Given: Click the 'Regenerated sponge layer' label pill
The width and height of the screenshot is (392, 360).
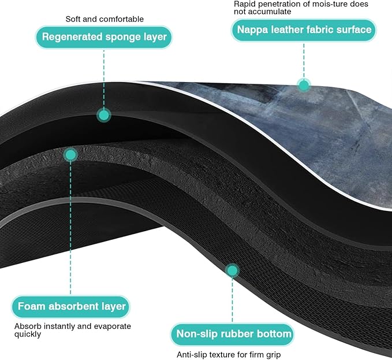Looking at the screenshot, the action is coord(104,37).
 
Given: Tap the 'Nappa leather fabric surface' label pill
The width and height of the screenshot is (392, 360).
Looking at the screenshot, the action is coord(304,30).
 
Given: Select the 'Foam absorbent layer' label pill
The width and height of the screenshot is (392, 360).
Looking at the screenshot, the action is coord(71,307).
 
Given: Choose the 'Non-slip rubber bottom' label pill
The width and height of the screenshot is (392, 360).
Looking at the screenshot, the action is coord(233,334).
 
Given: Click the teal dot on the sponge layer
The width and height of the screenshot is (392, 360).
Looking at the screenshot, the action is coord(104,116).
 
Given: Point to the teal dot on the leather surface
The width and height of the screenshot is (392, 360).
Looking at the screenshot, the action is coord(304,86).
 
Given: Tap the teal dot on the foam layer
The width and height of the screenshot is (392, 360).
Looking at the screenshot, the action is coord(70,155).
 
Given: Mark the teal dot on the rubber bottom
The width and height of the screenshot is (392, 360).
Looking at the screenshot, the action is coord(233,270).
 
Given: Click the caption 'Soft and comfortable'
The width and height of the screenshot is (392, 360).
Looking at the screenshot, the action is coord(104,19).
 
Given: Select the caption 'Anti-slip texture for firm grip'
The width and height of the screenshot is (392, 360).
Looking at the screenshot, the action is coord(229,355).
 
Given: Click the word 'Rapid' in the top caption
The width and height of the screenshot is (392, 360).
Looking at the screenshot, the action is coord(243,4).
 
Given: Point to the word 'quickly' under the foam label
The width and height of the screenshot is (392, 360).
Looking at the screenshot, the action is coord(28,334).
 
